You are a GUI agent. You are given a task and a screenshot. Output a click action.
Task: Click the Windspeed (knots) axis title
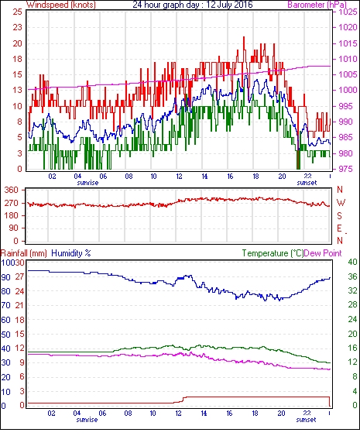point(61,5)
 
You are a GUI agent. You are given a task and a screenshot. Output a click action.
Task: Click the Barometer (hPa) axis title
point(317,5)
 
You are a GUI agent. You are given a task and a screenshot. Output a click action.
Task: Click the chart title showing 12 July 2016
point(192,5)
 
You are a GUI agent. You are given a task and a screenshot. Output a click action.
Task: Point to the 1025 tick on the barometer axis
point(348,12)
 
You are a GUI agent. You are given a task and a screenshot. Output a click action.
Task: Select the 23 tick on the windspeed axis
point(17,28)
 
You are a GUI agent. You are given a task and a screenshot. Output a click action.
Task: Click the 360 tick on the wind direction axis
point(11,191)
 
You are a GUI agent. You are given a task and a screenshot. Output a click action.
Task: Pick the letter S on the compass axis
point(339,215)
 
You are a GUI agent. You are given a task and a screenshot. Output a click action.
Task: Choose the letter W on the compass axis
point(341,202)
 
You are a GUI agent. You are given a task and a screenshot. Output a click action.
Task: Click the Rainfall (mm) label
point(24,253)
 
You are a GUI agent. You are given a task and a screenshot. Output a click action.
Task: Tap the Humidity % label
point(71,253)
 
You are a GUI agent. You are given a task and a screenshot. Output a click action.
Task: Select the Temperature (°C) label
point(273,253)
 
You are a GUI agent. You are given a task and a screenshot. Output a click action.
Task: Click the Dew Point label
point(323,253)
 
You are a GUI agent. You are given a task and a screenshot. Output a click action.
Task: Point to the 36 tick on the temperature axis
point(352,276)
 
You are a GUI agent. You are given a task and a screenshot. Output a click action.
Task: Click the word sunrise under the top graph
point(87,183)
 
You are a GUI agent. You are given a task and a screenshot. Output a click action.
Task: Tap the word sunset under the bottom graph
point(306,420)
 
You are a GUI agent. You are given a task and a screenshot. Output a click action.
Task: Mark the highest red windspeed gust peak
point(244,37)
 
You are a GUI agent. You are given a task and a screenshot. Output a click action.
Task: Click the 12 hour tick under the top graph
point(179,177)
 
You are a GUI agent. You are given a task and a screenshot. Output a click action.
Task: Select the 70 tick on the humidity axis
point(5,306)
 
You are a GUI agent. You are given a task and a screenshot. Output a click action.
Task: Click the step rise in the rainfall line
point(183,400)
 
